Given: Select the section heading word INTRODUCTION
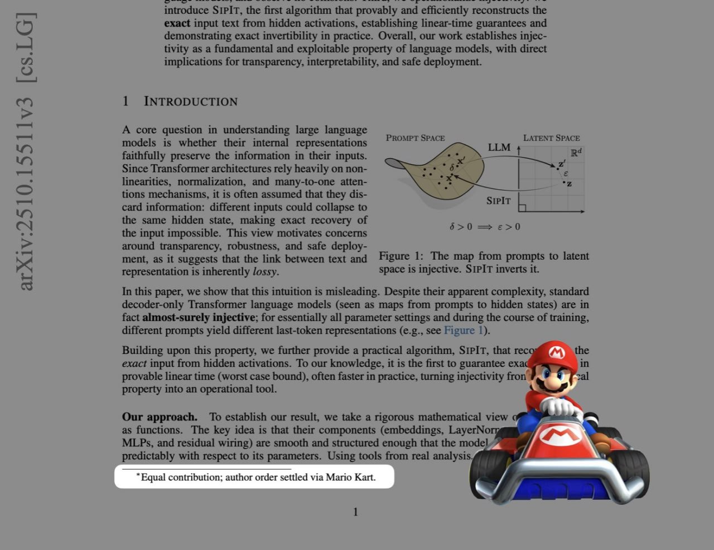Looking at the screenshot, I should click(191, 101).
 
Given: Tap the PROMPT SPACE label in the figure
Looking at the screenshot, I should click(415, 138).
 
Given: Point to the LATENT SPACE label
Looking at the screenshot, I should click(551, 138).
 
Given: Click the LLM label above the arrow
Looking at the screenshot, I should click(499, 147).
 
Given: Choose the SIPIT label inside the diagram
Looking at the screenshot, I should click(498, 201).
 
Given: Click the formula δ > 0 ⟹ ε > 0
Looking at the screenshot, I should click(484, 227).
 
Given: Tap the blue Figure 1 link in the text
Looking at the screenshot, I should click(463, 330).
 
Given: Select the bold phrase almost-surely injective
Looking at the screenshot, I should click(199, 318).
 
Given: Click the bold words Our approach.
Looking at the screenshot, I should click(160, 417).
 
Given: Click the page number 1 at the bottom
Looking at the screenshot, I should click(355, 512).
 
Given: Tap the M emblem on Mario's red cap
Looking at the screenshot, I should click(556, 352).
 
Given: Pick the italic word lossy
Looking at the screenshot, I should click(264, 272).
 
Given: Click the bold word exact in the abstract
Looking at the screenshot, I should click(177, 23).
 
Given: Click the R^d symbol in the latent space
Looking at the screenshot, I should click(576, 152).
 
